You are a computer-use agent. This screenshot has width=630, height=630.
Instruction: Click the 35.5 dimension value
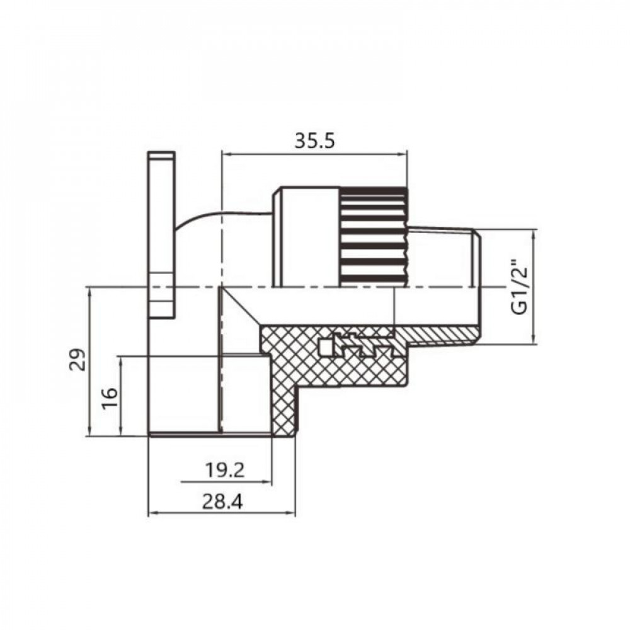point(314,141)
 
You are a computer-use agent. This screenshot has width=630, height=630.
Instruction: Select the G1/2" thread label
point(520,287)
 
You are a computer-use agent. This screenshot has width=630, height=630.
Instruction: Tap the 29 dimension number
point(76,360)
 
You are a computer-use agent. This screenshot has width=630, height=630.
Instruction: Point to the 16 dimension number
point(108,395)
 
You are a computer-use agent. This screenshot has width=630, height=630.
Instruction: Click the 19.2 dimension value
point(225,469)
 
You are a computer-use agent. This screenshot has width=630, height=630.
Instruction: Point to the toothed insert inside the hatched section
point(353,343)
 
